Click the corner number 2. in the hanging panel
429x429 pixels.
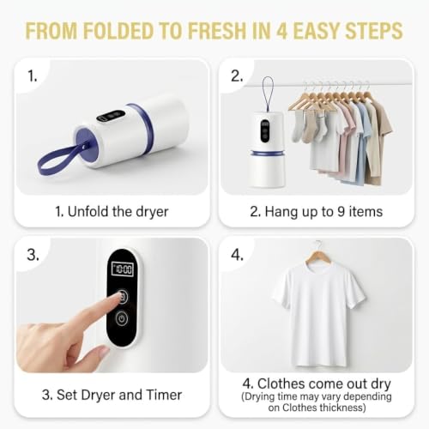(237, 76)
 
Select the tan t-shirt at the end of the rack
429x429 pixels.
(379, 137)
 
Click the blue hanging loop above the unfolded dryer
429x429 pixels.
(268, 94)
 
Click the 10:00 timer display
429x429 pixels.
(123, 269)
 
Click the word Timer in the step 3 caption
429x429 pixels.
(164, 395)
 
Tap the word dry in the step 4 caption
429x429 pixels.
(381, 384)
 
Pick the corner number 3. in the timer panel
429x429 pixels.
(33, 255)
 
